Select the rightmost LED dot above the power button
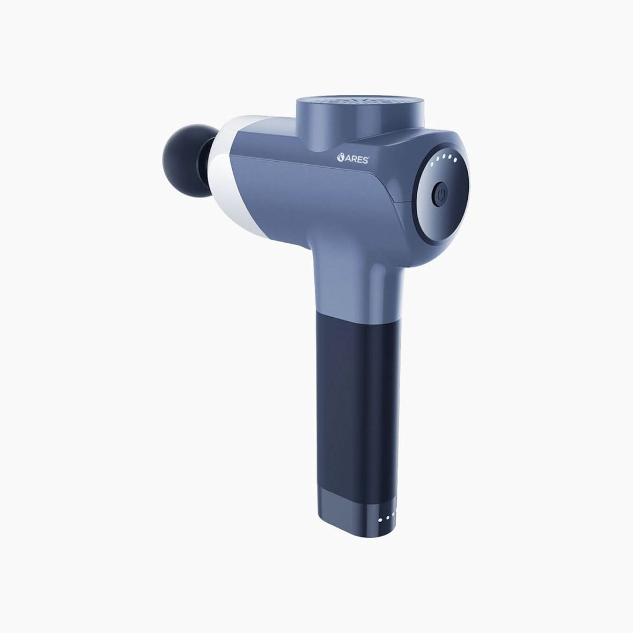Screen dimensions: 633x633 click(x=455, y=160)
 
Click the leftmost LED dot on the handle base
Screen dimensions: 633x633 click(x=380, y=519)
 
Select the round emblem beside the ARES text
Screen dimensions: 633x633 click(x=341, y=157)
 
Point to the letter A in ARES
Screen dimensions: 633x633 click(x=348, y=158)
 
